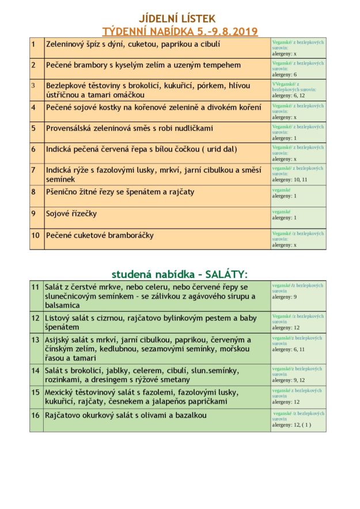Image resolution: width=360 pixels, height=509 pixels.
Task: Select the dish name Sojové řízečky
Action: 71,214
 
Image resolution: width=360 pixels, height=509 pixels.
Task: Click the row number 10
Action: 36,235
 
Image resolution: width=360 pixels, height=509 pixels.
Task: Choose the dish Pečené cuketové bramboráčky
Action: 100,235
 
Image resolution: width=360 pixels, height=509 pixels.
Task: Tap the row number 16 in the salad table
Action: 36,415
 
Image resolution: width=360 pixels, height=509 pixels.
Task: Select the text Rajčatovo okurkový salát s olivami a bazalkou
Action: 126,415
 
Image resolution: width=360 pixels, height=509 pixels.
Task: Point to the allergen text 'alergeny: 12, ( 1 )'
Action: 291,425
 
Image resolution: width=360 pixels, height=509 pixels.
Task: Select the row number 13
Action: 36,340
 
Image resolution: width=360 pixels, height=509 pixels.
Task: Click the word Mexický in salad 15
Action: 60,392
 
